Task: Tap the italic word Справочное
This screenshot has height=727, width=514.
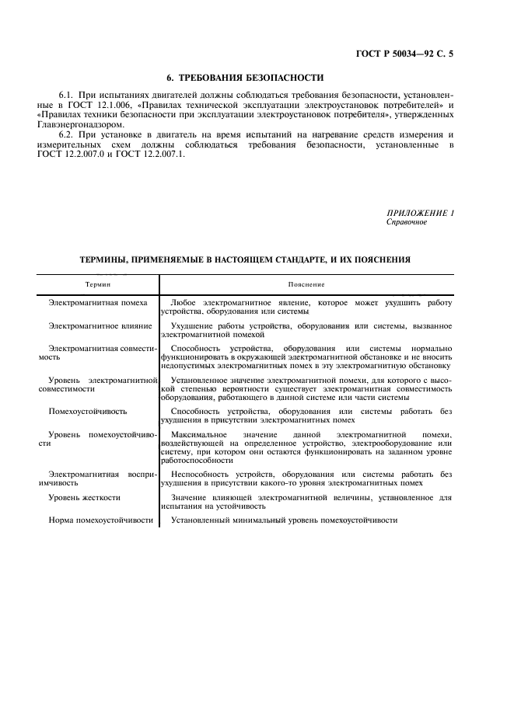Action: [407, 222]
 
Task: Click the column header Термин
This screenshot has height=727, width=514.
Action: [99, 286]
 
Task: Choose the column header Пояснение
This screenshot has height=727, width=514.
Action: [309, 286]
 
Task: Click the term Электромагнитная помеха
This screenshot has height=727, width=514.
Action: [98, 303]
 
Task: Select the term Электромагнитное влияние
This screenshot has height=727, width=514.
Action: [100, 326]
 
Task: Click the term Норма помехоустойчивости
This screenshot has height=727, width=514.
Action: [100, 520]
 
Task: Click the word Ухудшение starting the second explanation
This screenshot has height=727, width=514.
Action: [194, 326]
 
